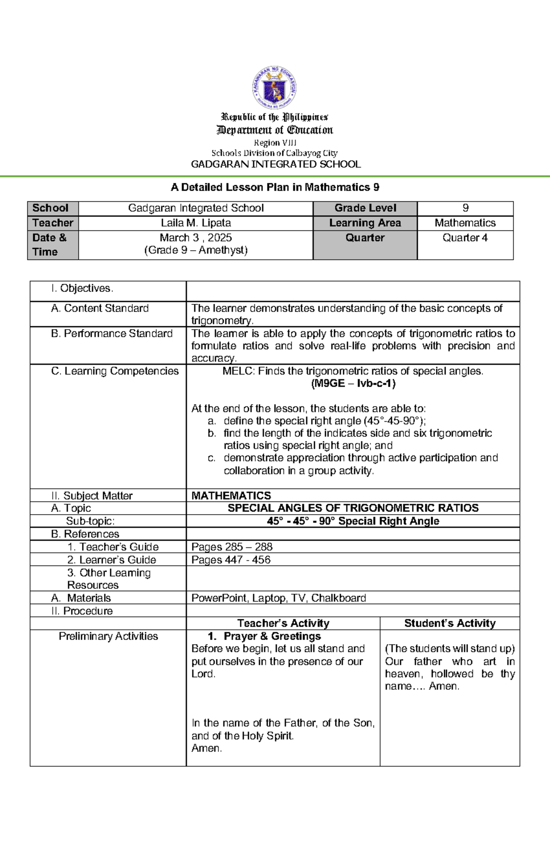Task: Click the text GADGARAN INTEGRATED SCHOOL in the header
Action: click(275, 164)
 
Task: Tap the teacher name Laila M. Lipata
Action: click(196, 223)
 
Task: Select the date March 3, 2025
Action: click(196, 237)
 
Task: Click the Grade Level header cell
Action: click(365, 208)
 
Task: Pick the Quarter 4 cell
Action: click(465, 237)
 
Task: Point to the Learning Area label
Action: click(365, 223)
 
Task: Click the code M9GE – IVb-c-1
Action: click(353, 383)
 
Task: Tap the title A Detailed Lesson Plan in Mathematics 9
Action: click(275, 187)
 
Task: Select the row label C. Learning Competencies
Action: click(115, 371)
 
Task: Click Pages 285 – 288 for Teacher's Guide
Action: click(232, 547)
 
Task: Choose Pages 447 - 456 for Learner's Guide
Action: click(231, 560)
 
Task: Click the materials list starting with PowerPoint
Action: click(279, 598)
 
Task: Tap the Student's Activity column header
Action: click(450, 623)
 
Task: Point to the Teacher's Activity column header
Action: click(283, 623)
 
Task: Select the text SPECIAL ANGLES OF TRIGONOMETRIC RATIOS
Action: click(353, 508)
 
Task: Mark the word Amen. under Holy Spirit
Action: click(207, 748)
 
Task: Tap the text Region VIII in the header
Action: click(275, 143)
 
